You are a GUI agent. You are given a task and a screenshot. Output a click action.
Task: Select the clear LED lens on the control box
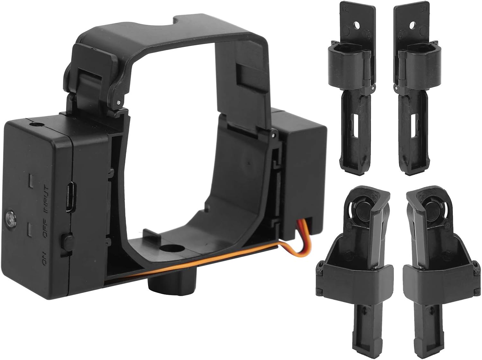pos(9,219)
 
